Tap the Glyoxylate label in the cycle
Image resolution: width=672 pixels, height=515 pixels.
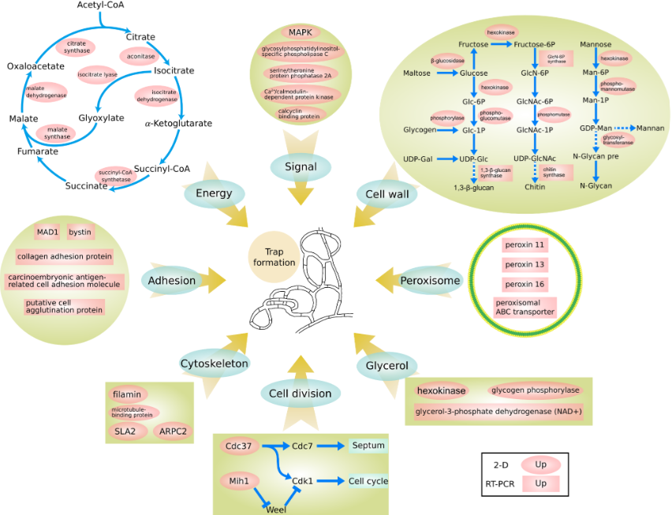pos(102,118)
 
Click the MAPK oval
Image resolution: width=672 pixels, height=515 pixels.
pos(300,32)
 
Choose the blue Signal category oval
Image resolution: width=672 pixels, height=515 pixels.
pos(300,166)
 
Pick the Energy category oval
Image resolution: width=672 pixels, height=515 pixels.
pos(213,193)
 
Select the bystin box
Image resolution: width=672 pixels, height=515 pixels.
pos(79,233)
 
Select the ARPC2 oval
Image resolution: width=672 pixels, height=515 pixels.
pos(172,431)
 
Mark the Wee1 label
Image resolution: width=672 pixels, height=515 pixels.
pos(274,509)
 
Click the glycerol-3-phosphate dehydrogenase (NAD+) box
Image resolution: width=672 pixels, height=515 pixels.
pos(498,411)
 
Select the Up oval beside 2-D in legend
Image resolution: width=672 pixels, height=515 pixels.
pos(540,465)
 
